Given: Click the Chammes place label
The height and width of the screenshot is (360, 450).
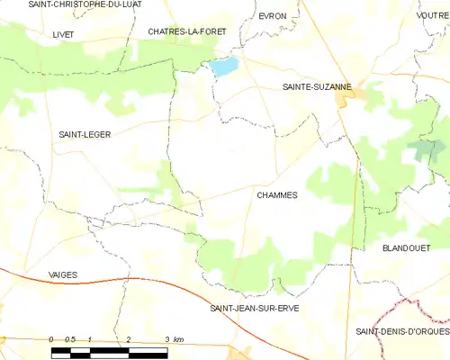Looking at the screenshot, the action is (x=276, y=194).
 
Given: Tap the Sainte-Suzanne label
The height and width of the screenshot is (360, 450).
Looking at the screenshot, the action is (x=310, y=87).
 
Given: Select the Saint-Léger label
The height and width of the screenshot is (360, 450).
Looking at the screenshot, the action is (x=85, y=134).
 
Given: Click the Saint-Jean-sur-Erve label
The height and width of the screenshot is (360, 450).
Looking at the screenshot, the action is (x=254, y=308).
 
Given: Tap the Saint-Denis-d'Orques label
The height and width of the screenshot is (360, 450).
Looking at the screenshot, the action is (x=402, y=331).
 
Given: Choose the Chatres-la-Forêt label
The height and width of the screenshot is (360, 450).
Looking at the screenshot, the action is (x=187, y=31).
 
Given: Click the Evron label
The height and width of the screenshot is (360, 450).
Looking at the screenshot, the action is (x=272, y=16).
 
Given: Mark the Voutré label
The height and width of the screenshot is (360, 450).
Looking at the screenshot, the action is (x=433, y=16).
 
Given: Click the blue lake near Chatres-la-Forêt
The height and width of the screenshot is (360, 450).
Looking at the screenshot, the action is (x=223, y=66).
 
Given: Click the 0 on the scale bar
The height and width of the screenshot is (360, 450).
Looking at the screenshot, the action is (x=51, y=338).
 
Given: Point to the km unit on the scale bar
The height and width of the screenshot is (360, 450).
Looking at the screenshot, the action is (x=178, y=338).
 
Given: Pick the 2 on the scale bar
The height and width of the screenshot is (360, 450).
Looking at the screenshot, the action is (x=129, y=338).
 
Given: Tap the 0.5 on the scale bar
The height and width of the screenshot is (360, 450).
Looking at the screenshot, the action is (x=71, y=338).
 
